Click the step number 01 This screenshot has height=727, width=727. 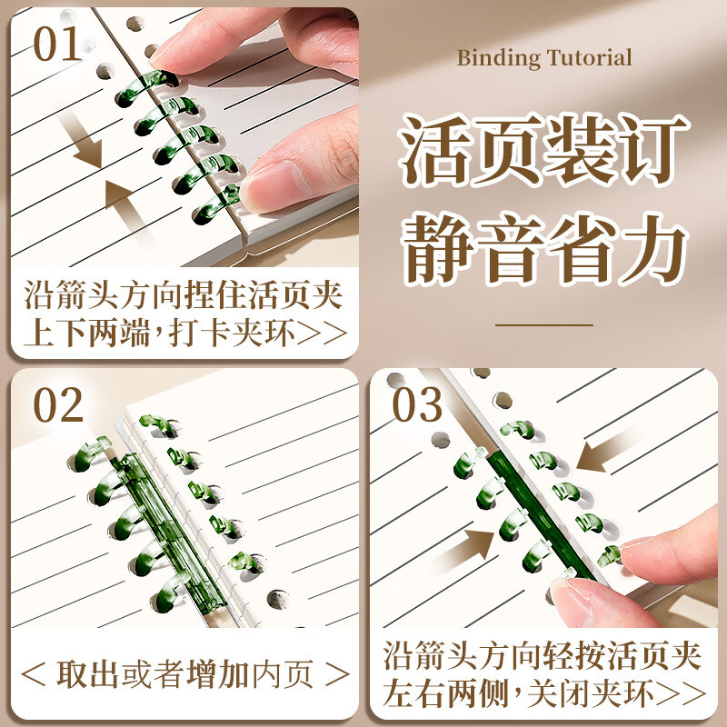58,44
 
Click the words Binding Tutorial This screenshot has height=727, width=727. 543,58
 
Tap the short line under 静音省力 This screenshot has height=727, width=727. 543,324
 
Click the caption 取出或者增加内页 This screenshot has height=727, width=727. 185,674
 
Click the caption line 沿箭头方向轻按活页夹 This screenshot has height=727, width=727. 543,656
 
